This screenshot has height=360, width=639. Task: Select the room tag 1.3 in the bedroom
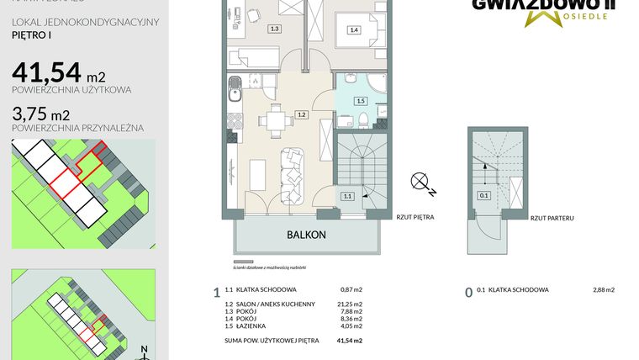[274, 29]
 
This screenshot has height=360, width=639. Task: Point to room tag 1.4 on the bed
[353, 30]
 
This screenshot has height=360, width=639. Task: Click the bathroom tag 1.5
[361, 101]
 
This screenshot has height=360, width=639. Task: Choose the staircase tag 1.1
[347, 196]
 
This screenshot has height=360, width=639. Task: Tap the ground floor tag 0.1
[483, 196]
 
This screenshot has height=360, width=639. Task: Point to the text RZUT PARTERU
[552, 217]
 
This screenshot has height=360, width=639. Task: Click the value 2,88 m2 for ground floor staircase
[602, 290]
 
